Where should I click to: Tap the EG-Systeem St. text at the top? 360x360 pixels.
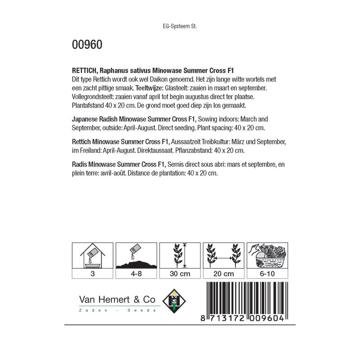tap(180, 26)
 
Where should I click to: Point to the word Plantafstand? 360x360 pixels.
tap(87, 105)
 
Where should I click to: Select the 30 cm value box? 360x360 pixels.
tap(180, 274)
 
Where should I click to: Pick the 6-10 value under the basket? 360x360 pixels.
tap(267, 274)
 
